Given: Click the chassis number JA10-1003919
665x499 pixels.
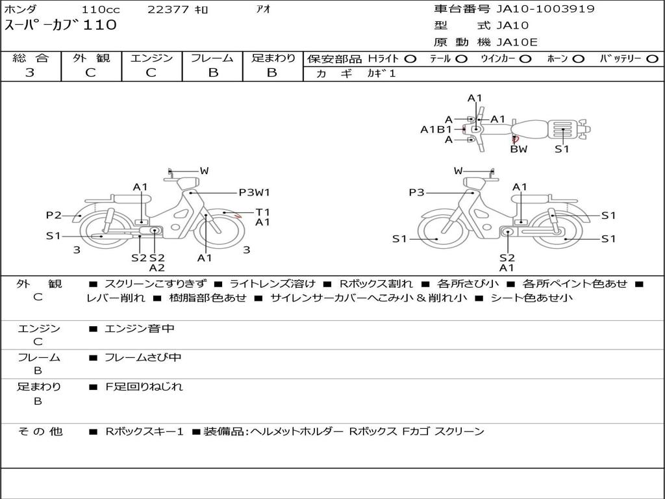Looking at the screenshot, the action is [x=546, y=9].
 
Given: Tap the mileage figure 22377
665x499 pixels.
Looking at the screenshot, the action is [x=168, y=9].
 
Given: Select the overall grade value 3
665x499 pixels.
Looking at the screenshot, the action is [x=30, y=73].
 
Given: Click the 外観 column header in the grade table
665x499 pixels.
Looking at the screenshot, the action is [x=91, y=58].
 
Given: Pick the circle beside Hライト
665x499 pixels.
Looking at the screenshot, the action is [x=410, y=59].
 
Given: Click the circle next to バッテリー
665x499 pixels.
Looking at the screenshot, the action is [x=652, y=59].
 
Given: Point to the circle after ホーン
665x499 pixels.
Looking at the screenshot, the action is [x=579, y=59].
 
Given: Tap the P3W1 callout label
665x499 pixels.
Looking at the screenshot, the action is [x=255, y=192].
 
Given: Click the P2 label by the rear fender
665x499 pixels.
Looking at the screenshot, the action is [x=54, y=215].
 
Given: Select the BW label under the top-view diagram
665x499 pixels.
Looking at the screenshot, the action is [x=519, y=149].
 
